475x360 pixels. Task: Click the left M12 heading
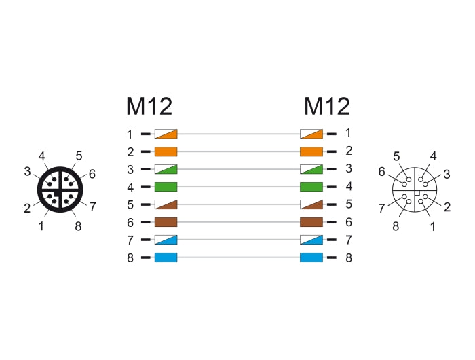pyautogui.click(x=149, y=106)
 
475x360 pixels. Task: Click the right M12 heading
pyautogui.click(x=327, y=106)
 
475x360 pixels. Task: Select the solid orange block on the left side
pyautogui.click(x=166, y=151)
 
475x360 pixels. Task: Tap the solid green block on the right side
pyautogui.click(x=311, y=187)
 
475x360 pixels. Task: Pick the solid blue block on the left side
pyautogui.click(x=166, y=257)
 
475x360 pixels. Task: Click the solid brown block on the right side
pyautogui.click(x=311, y=222)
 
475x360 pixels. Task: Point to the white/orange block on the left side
pyautogui.click(x=166, y=134)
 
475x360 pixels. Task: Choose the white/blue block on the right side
pyautogui.click(x=311, y=240)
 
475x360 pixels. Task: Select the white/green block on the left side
pyautogui.click(x=166, y=169)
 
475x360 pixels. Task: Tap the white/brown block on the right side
pyautogui.click(x=311, y=204)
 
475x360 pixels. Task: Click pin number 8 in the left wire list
pyautogui.click(x=130, y=258)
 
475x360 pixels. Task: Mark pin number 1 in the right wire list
pyautogui.click(x=348, y=133)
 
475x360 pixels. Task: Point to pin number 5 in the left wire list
pyautogui.click(x=130, y=204)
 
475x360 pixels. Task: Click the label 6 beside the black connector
pyautogui.click(x=92, y=174)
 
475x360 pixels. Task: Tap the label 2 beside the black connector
pyautogui.click(x=27, y=209)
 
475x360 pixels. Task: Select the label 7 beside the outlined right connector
pyautogui.click(x=381, y=209)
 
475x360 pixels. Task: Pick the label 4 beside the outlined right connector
pyautogui.click(x=433, y=156)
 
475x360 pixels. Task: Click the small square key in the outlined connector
pyautogui.click(x=417, y=193)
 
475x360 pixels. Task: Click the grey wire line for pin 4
pyautogui.click(x=239, y=187)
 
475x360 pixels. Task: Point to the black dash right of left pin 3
pyautogui.click(x=146, y=169)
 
